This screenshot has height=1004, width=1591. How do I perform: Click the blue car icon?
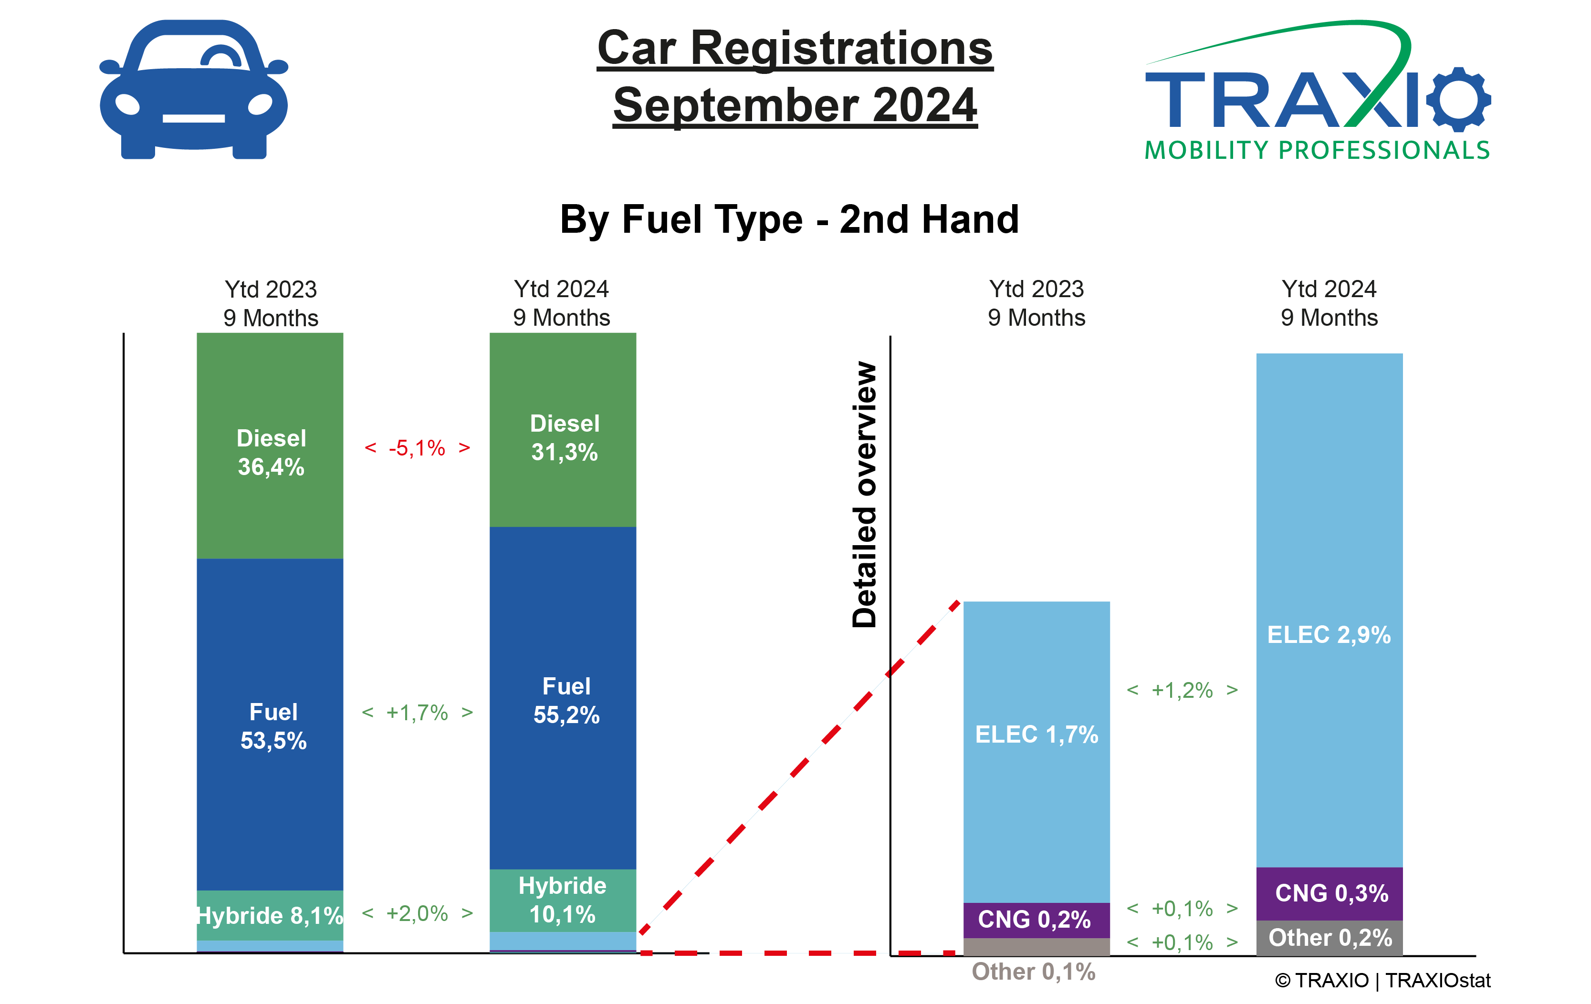[193, 89]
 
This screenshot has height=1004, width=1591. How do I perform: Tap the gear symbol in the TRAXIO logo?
[1457, 99]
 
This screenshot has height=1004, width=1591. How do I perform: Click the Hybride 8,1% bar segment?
[270, 915]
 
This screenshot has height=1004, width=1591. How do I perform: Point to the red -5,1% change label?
[417, 448]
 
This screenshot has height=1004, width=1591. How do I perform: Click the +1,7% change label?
[417, 713]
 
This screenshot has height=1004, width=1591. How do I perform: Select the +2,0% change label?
[417, 913]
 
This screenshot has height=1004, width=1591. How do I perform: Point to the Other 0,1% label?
[1033, 972]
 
